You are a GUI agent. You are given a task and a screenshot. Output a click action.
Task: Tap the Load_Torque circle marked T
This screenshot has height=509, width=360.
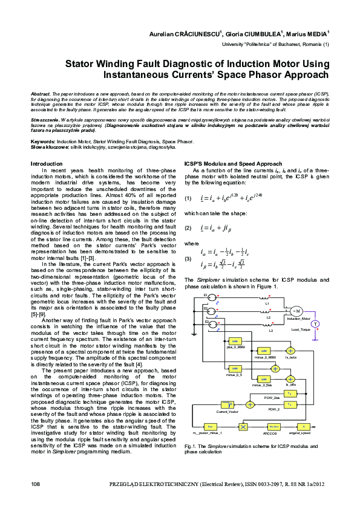[315, 306]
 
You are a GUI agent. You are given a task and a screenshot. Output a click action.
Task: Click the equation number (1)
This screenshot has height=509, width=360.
[188, 198]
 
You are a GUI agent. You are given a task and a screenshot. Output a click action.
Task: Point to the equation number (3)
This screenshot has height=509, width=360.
[188, 258]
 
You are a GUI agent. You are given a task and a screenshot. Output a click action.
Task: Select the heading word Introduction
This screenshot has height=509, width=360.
[46, 163]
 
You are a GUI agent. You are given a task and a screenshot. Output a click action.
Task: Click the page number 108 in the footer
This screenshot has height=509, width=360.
[35, 485]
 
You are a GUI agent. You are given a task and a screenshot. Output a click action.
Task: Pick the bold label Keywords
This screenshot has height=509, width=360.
[42, 141]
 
